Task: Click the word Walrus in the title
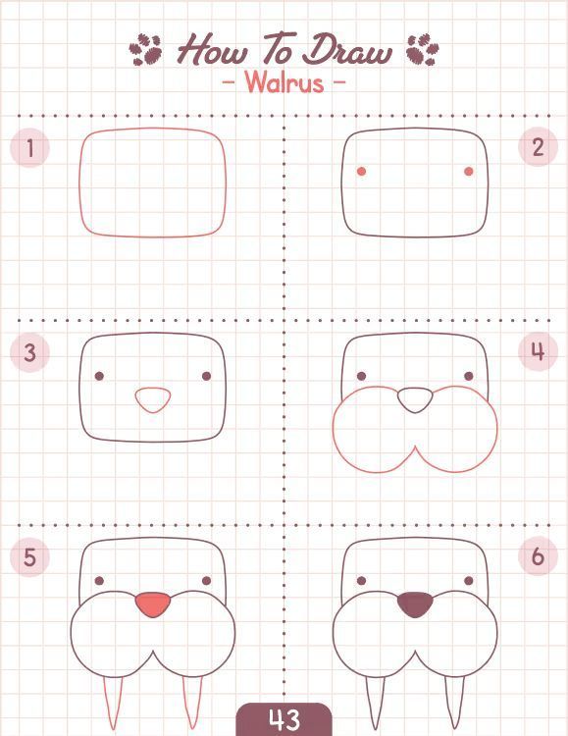284,82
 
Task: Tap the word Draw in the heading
346,51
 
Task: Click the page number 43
284,719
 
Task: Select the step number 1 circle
29,148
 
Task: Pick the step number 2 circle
538,147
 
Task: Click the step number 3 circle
29,352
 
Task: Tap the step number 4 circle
538,351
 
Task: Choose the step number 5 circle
29,556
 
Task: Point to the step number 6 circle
538,556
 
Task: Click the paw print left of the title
145,50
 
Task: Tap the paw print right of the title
423,50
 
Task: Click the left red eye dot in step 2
361,172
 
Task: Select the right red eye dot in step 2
469,172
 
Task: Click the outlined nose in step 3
153,399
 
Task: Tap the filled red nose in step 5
153,605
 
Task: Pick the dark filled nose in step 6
415,605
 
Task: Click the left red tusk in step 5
113,702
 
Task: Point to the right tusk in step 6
454,702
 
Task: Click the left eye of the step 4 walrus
361,376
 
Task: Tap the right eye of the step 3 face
207,376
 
